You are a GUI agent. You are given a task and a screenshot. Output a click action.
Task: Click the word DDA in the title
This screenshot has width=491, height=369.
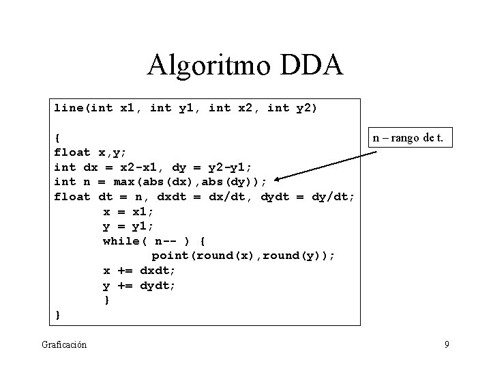coord(310,66)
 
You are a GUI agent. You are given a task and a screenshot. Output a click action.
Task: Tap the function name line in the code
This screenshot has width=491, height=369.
coord(70,108)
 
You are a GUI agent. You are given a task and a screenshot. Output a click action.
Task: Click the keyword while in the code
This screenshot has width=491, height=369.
coord(123,241)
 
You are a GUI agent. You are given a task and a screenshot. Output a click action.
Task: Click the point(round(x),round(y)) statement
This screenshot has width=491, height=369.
coord(243,256)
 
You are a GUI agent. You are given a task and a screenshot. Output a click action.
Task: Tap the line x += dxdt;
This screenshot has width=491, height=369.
coord(139,271)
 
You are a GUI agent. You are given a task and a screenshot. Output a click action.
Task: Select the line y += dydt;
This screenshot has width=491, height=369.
coord(139,286)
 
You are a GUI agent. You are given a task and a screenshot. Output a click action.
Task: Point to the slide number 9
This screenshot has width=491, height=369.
coord(447,344)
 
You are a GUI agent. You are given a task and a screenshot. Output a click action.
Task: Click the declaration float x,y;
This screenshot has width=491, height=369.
coord(90,152)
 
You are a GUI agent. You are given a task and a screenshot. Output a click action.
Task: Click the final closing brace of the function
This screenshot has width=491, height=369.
coord(58,315)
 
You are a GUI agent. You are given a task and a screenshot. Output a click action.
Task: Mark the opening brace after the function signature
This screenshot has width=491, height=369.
coord(58,137)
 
